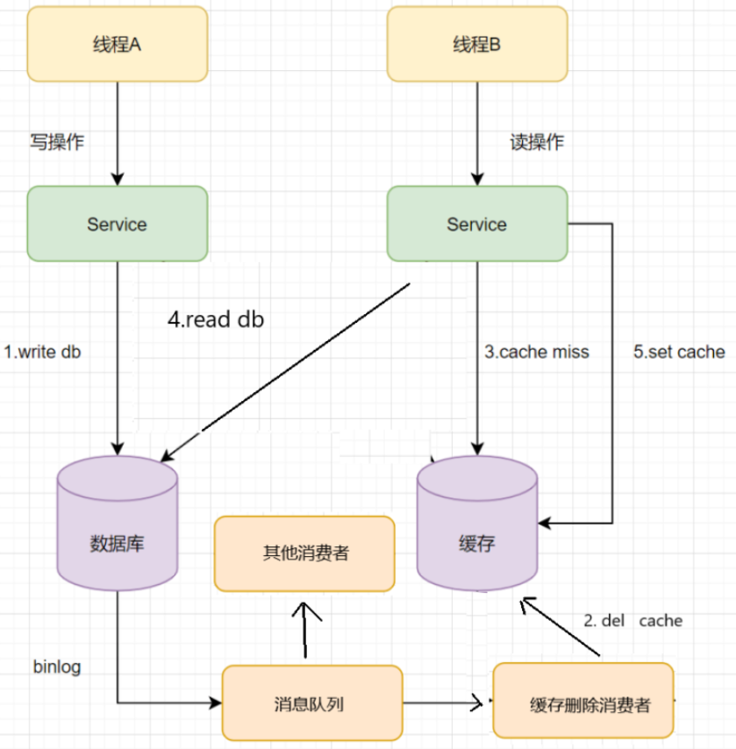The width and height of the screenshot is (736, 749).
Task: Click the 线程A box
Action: point(118,45)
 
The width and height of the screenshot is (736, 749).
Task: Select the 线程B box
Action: point(476,45)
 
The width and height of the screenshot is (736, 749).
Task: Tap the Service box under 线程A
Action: point(118,224)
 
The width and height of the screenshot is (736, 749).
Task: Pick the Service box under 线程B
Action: point(476,224)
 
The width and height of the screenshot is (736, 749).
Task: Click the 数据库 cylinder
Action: point(118,535)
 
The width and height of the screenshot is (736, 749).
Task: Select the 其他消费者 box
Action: point(304,553)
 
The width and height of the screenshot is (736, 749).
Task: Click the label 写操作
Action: point(57,142)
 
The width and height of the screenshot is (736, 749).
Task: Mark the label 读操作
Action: point(537,142)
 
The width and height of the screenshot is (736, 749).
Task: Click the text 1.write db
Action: point(42,353)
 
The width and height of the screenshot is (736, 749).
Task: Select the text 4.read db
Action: point(216,320)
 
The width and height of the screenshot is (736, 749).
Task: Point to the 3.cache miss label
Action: point(537,353)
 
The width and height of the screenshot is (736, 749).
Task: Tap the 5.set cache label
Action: point(679,353)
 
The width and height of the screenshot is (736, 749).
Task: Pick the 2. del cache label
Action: point(632,621)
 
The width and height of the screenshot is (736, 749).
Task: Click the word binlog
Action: point(56,667)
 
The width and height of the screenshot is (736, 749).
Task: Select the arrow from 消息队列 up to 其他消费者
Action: point(305,629)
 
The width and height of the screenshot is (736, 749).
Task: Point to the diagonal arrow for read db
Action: point(285,368)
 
